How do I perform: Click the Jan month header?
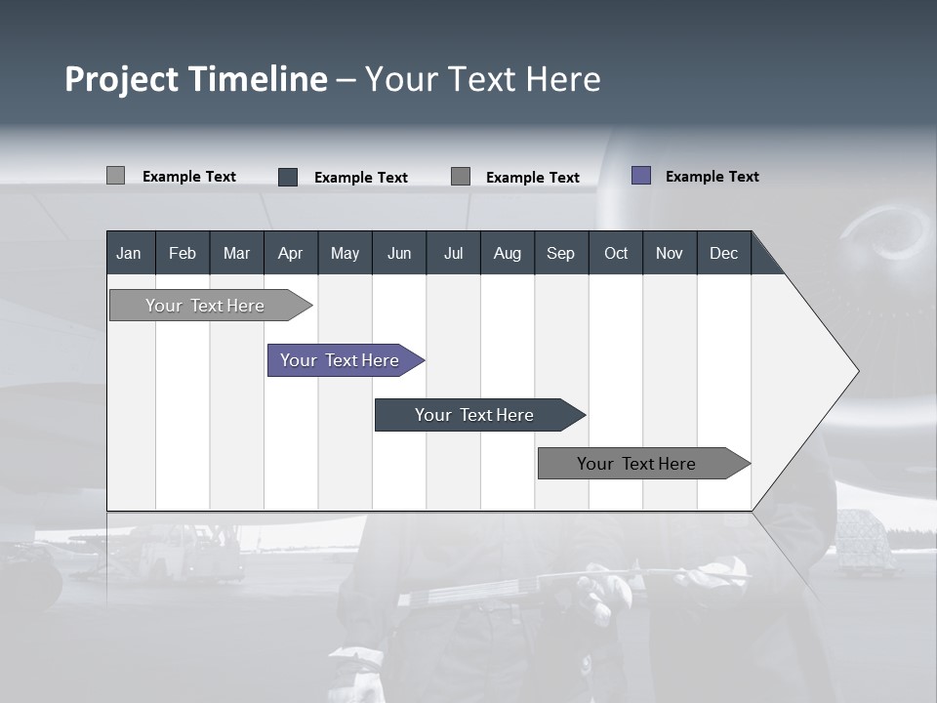tap(129, 253)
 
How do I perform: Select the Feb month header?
tap(183, 253)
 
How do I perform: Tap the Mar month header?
tap(236, 253)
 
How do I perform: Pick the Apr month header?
tap(290, 253)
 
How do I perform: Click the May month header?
tap(345, 253)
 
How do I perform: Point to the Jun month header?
tap(399, 253)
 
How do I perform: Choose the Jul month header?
tap(453, 253)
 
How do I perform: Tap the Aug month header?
tap(507, 253)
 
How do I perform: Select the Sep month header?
tap(560, 253)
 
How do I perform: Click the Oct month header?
tap(616, 253)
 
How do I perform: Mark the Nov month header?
tap(670, 253)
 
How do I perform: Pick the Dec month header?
tap(723, 253)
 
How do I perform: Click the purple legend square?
tap(641, 176)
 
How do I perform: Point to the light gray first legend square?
tap(115, 176)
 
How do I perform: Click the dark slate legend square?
tap(288, 177)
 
